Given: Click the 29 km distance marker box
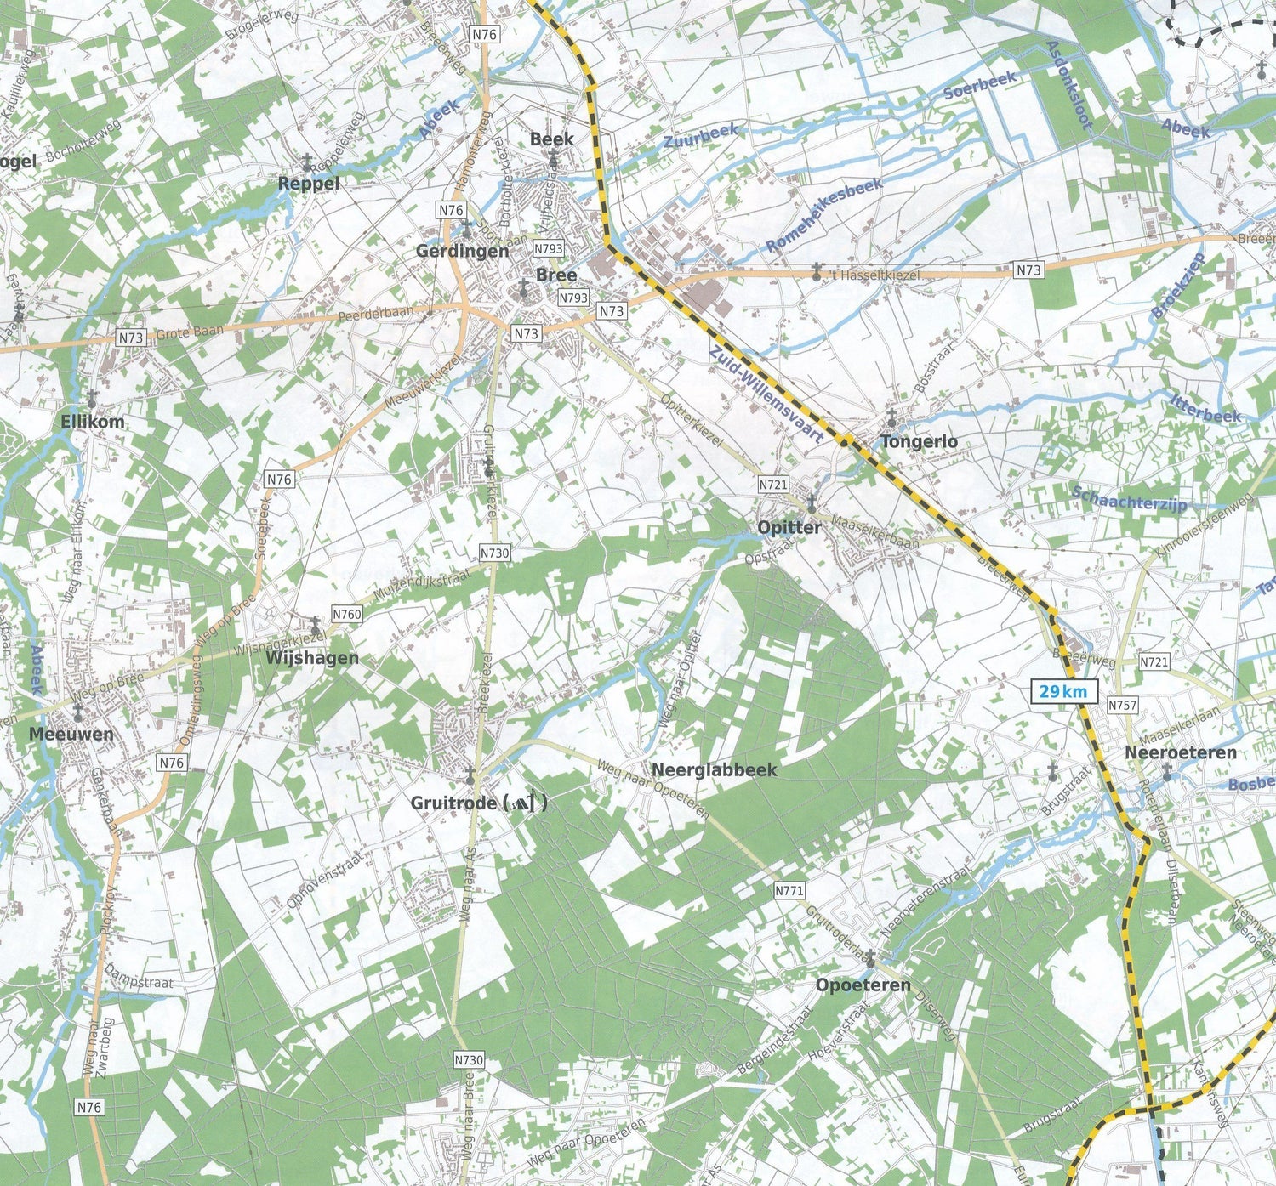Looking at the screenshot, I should [1063, 691].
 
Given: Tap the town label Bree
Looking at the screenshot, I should [555, 275].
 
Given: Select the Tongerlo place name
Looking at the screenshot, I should [919, 441].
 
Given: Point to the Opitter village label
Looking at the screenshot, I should [789, 527].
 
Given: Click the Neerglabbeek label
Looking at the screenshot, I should [715, 769].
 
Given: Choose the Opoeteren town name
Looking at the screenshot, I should [863, 985].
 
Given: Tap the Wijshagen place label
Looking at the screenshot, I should [311, 658].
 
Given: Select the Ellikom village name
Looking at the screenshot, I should [93, 422].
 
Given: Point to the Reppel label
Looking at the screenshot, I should [309, 184].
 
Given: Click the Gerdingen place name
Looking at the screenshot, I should [462, 251].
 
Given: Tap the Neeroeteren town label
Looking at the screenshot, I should [1180, 753].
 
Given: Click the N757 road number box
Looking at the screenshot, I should [1122, 705].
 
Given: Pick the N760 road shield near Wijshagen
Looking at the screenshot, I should [347, 614].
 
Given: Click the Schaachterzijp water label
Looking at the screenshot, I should [1129, 498].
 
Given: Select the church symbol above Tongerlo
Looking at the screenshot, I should [891, 417].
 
